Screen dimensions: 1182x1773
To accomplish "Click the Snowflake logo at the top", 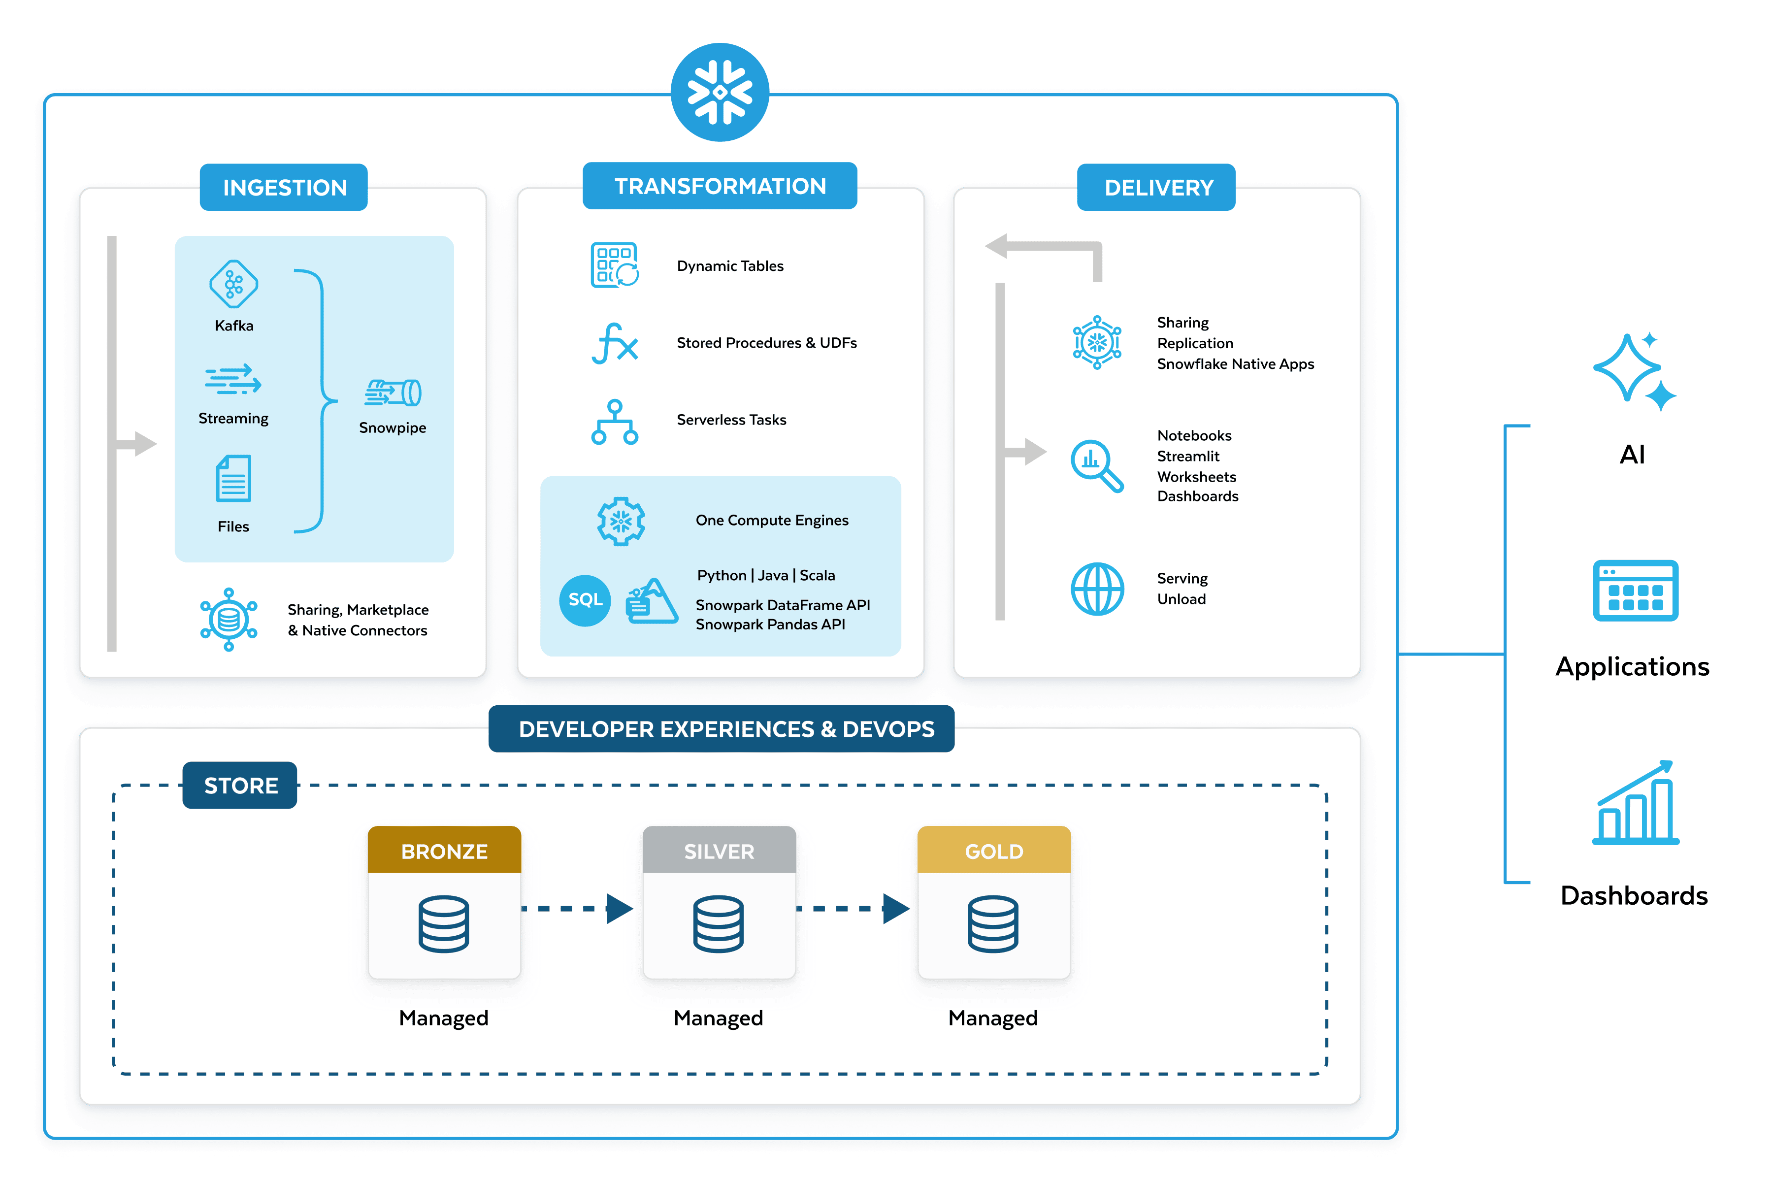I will pyautogui.click(x=720, y=92).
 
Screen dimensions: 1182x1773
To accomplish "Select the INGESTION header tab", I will pyautogui.click(x=284, y=187).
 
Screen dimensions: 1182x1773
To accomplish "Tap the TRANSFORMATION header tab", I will pyautogui.click(x=720, y=186).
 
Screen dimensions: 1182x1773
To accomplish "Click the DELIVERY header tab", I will pyautogui.click(x=1158, y=187).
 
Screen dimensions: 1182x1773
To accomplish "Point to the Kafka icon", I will pyautogui.click(x=233, y=284).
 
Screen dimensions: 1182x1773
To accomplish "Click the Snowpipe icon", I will pyautogui.click(x=393, y=393).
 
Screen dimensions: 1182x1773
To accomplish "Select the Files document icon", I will pyautogui.click(x=233, y=479).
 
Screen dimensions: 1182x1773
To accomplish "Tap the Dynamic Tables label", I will pyautogui.click(x=730, y=266).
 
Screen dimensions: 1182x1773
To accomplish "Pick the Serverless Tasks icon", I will pyautogui.click(x=614, y=422).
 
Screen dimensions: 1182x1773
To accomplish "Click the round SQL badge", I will pyautogui.click(x=585, y=600).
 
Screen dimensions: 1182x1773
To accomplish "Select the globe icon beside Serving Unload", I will pyautogui.click(x=1097, y=589).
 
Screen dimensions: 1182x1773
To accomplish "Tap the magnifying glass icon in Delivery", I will pyautogui.click(x=1097, y=465).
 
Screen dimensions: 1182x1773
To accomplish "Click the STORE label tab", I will pyautogui.click(x=240, y=786).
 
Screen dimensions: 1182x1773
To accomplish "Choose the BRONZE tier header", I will pyautogui.click(x=444, y=851).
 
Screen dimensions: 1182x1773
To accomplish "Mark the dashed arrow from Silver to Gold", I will pyautogui.click(x=853, y=908).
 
